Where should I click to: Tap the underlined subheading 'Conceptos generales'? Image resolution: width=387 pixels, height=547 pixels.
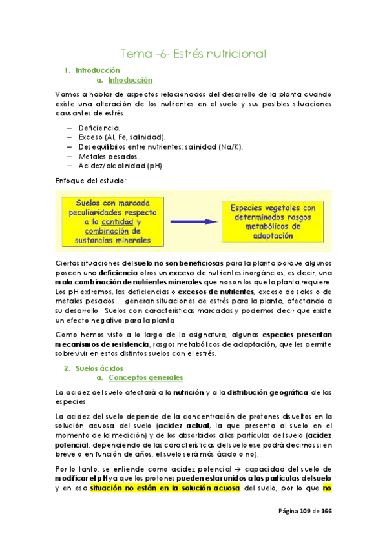[x=145, y=377]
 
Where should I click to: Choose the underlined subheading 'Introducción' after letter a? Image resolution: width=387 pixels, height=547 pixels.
[x=129, y=81]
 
